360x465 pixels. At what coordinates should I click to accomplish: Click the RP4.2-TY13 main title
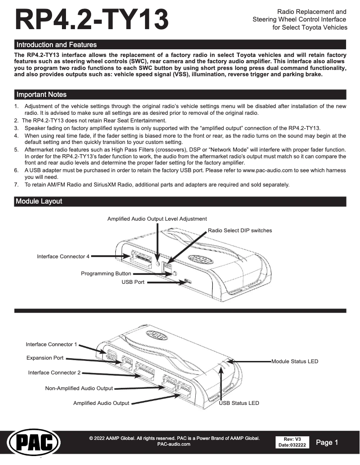coord(92,21)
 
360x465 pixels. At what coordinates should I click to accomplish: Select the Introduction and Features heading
coord(56,45)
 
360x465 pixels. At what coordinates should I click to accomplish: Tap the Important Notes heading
coord(41,95)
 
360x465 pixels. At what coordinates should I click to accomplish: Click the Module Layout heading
coord(39,202)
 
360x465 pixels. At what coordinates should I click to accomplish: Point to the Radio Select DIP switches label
coord(240,230)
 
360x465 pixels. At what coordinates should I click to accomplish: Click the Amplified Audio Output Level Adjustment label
coord(157,219)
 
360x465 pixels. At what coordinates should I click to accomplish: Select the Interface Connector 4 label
coord(63,256)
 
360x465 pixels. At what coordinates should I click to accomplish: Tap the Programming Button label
coord(106,274)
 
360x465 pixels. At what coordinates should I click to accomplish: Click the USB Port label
coord(133,282)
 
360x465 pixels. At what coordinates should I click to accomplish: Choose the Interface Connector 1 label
coord(52,344)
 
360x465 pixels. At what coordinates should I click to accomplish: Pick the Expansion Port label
coord(45,358)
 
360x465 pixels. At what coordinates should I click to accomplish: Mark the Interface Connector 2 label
coord(54,373)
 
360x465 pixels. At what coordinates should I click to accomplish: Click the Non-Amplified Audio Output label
coord(79,388)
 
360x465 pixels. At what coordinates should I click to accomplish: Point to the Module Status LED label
coord(294,361)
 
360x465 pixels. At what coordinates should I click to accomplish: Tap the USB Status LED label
coord(239,403)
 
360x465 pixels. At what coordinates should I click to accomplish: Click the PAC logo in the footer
coord(34,443)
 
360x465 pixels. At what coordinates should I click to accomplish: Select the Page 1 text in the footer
coord(327,443)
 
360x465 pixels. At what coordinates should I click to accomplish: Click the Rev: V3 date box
coord(292,442)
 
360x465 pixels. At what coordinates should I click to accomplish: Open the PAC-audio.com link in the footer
coord(174,444)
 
